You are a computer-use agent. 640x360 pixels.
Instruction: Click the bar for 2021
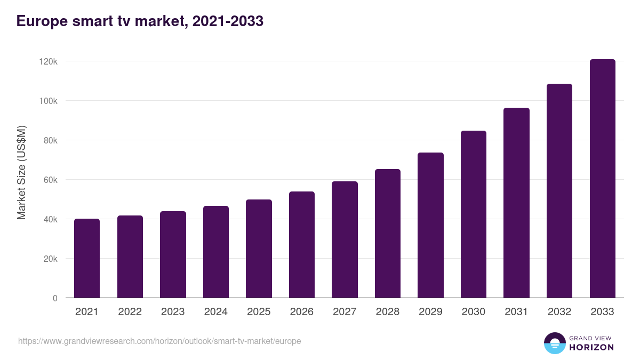(87, 258)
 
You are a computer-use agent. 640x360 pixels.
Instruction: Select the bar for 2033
(602, 179)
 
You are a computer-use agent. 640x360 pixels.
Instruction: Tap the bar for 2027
(345, 239)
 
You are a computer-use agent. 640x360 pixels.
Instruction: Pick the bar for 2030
(474, 214)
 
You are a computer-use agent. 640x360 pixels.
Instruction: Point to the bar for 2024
(216, 252)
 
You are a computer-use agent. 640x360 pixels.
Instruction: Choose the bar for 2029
(430, 225)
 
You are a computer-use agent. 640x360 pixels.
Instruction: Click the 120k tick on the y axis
(49, 61)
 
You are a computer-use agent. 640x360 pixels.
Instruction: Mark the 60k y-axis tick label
(50, 180)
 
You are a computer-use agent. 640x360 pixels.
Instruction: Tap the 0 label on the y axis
(55, 298)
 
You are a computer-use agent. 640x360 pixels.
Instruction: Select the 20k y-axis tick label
(50, 259)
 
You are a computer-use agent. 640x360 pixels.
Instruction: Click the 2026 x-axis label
(302, 312)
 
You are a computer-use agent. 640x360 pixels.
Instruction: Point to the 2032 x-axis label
(559, 312)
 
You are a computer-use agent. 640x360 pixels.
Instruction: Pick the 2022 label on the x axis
(130, 312)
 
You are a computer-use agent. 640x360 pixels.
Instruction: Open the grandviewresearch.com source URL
(159, 341)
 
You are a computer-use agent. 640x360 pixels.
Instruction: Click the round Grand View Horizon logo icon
(554, 343)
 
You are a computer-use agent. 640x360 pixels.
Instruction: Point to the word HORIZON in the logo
(592, 347)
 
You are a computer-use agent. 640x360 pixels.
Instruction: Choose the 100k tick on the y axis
(49, 101)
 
